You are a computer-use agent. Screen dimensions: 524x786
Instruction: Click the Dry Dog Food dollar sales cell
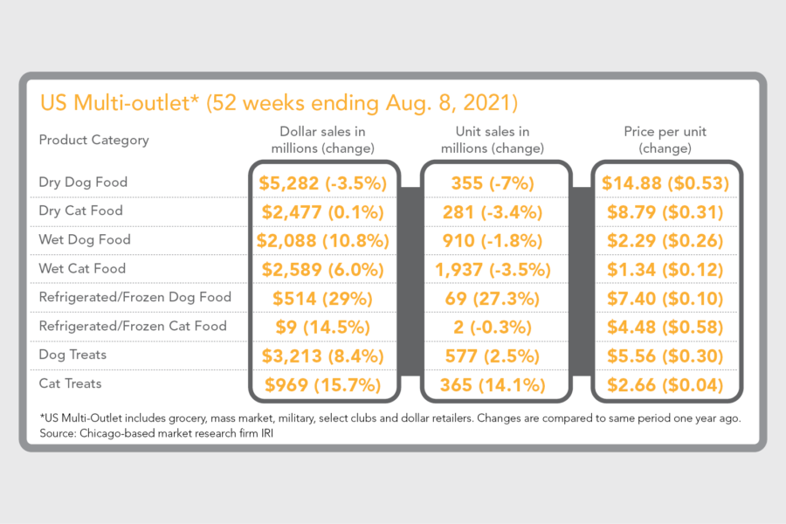[x=323, y=183]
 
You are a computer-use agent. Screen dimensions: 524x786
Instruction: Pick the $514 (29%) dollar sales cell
[x=323, y=298]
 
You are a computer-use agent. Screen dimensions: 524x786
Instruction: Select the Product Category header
[x=93, y=140]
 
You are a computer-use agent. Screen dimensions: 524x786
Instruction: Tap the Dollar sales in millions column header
[x=322, y=140]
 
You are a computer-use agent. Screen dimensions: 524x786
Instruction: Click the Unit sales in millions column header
[x=493, y=140]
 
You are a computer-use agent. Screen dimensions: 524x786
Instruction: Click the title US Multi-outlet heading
[x=279, y=103]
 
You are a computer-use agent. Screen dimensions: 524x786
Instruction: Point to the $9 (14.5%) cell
[x=323, y=327]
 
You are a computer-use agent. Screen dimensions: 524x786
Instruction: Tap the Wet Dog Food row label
[x=85, y=239]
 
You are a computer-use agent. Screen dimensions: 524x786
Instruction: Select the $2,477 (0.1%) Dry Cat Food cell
[x=323, y=211]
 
